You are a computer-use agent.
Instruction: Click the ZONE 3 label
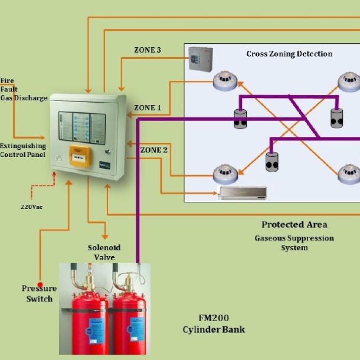(x=148, y=50)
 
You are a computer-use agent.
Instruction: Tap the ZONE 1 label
(x=147, y=108)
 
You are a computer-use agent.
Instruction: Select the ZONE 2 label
(x=153, y=150)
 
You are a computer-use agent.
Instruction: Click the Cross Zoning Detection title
(x=289, y=54)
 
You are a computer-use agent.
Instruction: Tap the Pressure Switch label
(x=40, y=293)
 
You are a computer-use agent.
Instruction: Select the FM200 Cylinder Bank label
(x=213, y=323)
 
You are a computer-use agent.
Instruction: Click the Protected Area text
(x=294, y=225)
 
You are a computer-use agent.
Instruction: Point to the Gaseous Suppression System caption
(x=294, y=243)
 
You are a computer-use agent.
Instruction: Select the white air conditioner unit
(x=242, y=192)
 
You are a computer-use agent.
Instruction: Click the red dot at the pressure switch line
(x=40, y=284)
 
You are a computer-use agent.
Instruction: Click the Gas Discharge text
(x=24, y=98)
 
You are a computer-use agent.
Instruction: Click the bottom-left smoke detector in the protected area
(x=225, y=173)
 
